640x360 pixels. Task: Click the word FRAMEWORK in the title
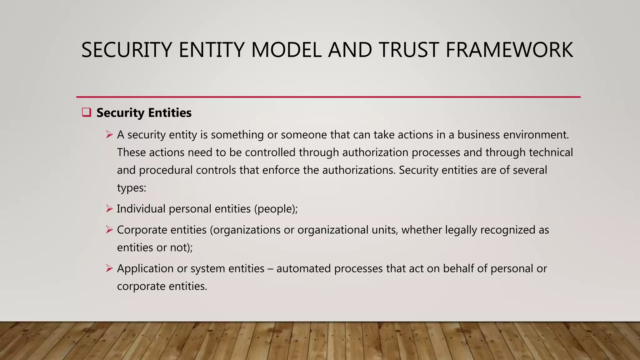[x=509, y=50]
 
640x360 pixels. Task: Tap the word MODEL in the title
[x=286, y=50]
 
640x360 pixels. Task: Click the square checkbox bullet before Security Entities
[x=86, y=112]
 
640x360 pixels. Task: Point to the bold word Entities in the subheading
[x=170, y=113]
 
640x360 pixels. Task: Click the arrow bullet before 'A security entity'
[x=109, y=135]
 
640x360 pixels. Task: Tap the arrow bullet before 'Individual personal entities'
[x=109, y=208]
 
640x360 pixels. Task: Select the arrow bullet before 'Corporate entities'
[x=109, y=230]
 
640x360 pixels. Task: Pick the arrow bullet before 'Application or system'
[x=109, y=268]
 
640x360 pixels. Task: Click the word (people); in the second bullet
[x=276, y=209]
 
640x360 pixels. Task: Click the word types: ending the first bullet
[x=132, y=188]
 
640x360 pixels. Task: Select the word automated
[x=303, y=268]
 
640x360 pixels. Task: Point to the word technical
[x=551, y=152]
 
